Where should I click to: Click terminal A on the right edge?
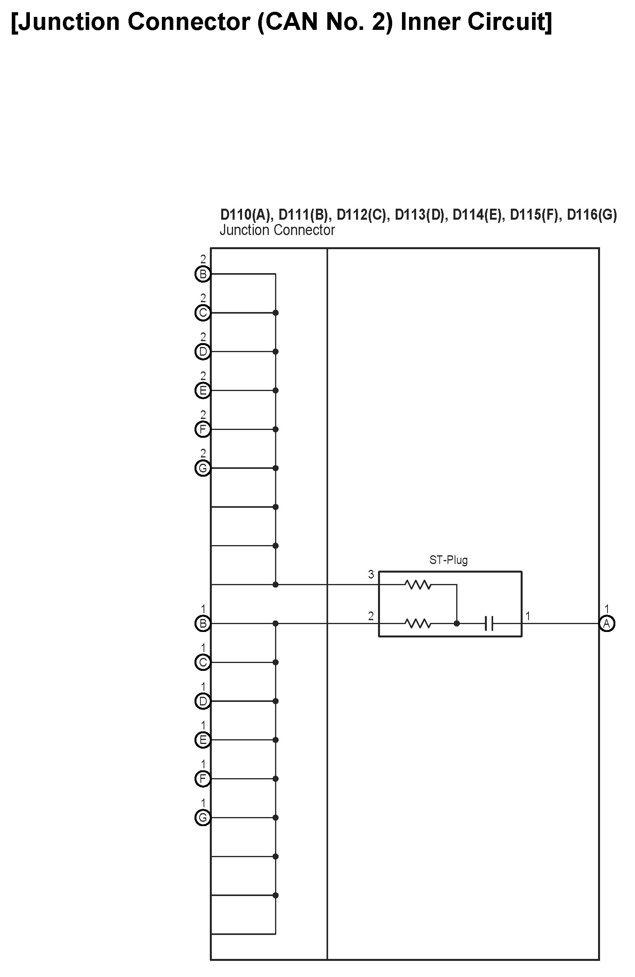click(x=607, y=624)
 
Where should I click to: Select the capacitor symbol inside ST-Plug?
click(x=488, y=624)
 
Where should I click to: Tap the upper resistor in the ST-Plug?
click(x=418, y=584)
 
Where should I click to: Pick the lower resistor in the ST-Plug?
click(x=418, y=624)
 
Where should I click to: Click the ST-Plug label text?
click(x=448, y=560)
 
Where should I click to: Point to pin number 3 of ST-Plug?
click(x=371, y=575)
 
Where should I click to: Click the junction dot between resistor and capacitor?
click(x=457, y=624)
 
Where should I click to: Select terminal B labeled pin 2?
click(x=203, y=274)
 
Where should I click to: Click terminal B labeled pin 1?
click(x=203, y=624)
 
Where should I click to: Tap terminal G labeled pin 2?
click(x=203, y=468)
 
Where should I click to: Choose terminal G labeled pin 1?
click(x=203, y=818)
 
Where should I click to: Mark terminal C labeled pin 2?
click(x=203, y=313)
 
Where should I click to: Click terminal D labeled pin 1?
click(x=203, y=701)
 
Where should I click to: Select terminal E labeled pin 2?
click(x=203, y=390)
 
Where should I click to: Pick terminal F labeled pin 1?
click(x=203, y=779)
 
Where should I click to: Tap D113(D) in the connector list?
click(x=421, y=215)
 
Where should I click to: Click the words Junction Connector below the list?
click(x=277, y=230)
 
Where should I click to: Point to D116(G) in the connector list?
click(x=591, y=215)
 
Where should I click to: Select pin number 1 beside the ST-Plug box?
click(x=528, y=616)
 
